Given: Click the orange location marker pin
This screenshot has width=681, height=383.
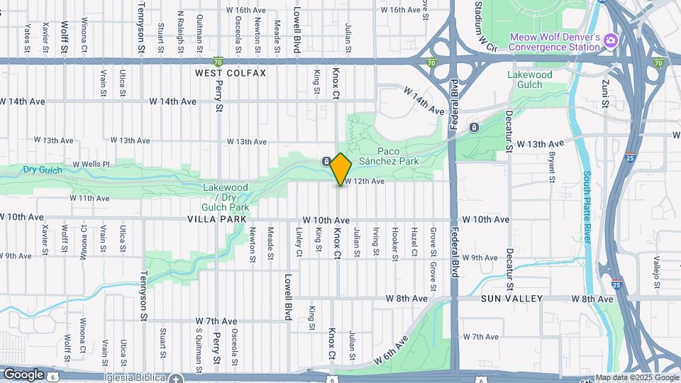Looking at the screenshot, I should (341, 169).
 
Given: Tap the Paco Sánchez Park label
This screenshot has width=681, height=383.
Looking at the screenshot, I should (395, 156).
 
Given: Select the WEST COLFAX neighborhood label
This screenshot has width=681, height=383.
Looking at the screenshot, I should (231, 73).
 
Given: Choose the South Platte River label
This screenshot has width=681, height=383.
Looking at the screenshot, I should (588, 206).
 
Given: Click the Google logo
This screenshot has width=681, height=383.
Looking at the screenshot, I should (23, 374).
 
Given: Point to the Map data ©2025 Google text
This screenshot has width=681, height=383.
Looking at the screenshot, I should (636, 377).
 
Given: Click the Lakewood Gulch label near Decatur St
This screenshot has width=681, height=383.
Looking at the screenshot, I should (529, 79).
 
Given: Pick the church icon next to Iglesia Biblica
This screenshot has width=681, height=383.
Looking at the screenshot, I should (176, 377).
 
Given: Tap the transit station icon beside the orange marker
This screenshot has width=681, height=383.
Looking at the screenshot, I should (326, 161).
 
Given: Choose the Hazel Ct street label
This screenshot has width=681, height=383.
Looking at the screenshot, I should (414, 242).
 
